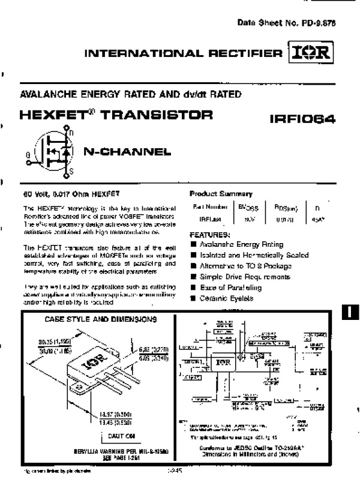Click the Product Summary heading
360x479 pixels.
tap(221, 193)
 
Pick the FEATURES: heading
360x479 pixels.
tap(210, 235)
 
